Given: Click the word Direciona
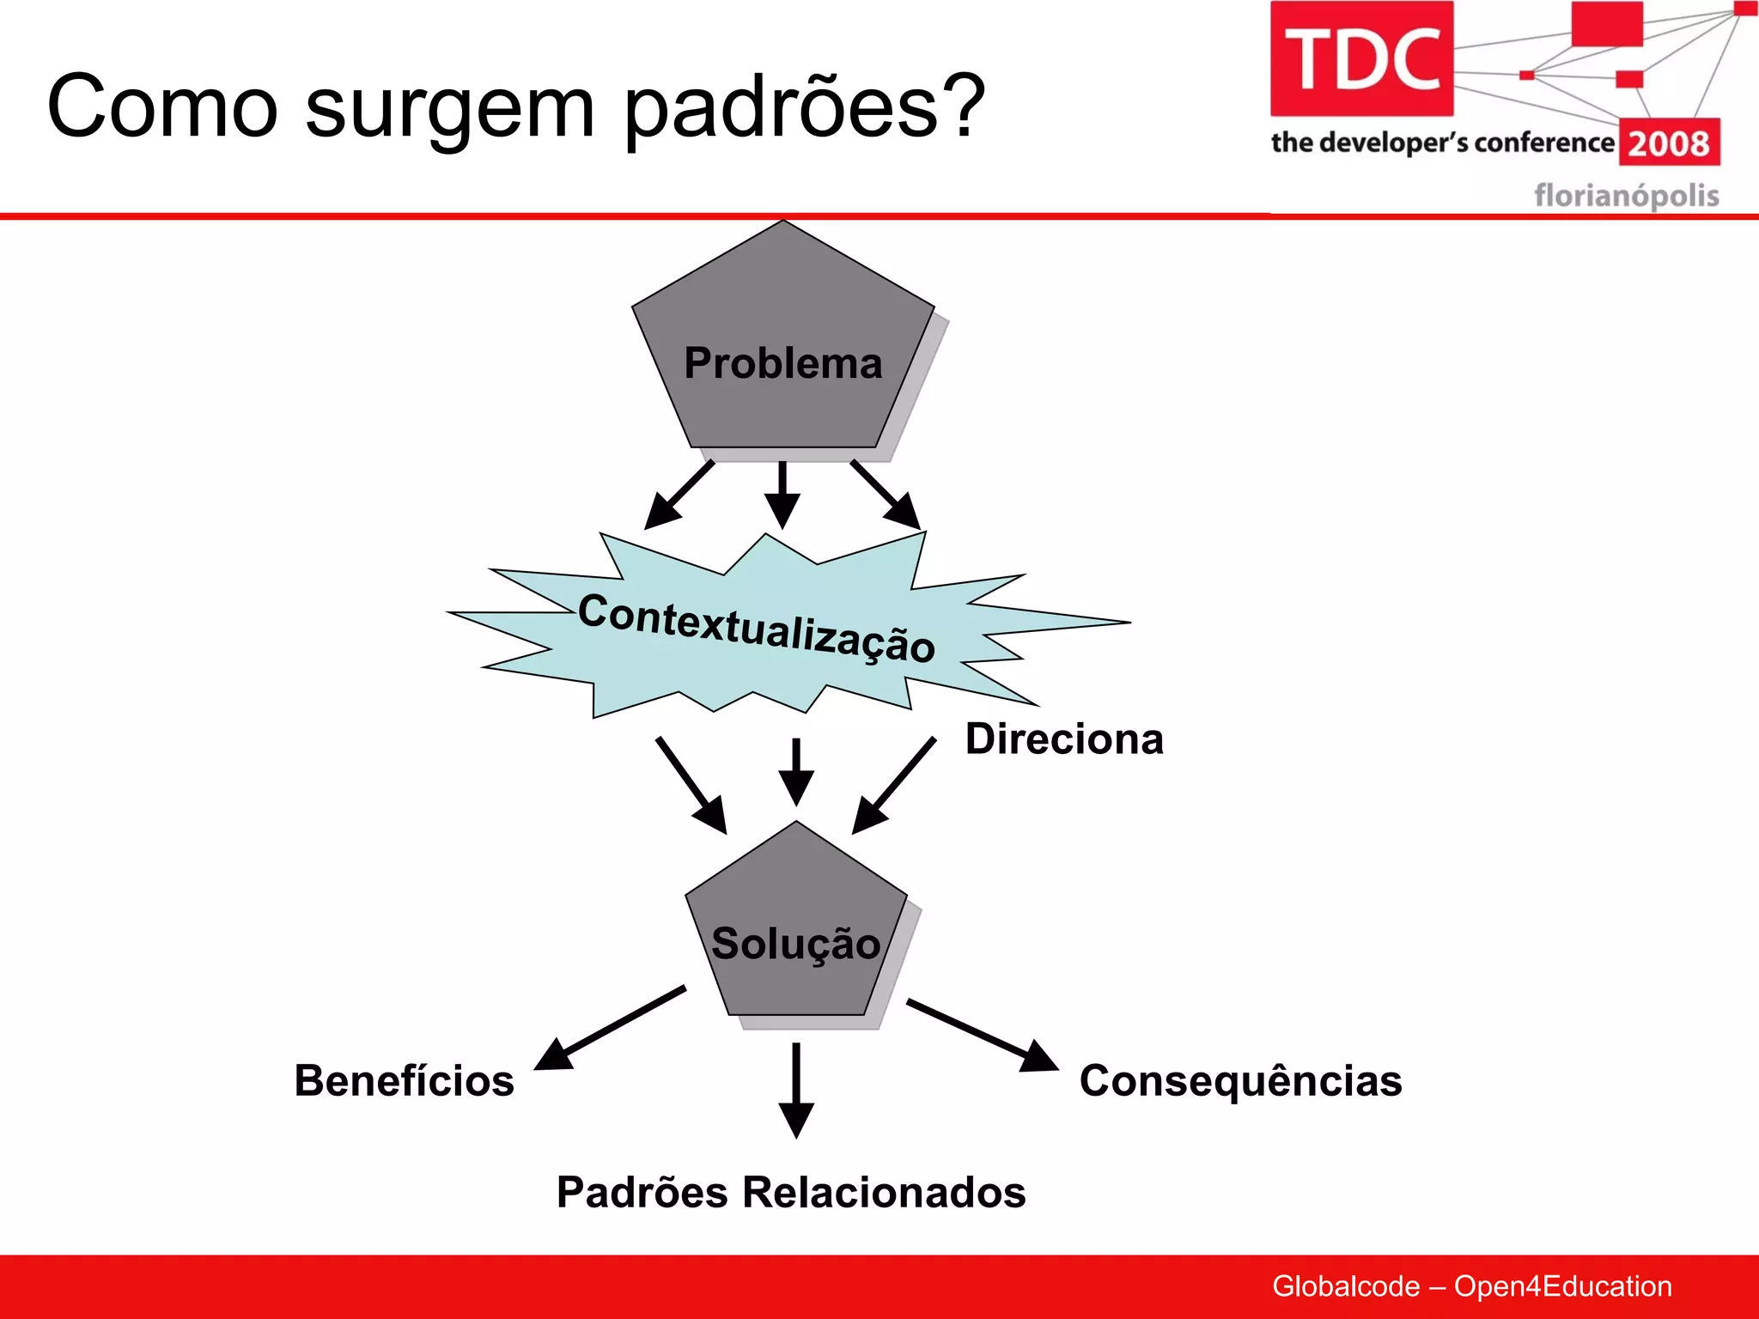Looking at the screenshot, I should coord(1064,739).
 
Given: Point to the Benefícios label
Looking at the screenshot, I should coord(404,1081).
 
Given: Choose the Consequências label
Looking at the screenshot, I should coord(1240,1081).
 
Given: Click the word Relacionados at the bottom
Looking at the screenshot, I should coord(884,1193).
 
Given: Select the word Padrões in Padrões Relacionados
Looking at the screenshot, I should coord(642,1193).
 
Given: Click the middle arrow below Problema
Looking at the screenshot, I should coord(782,495).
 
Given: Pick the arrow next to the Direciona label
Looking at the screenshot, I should coord(894,785).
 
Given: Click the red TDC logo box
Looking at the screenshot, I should coord(1361,58).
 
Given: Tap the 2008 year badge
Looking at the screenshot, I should coord(1669,143).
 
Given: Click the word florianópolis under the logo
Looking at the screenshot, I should coord(1626,196).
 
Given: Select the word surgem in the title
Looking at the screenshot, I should coord(449,107).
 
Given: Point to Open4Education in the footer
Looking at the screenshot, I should coord(1562,1286).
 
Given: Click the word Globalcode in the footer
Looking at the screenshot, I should coord(1345,1286).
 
